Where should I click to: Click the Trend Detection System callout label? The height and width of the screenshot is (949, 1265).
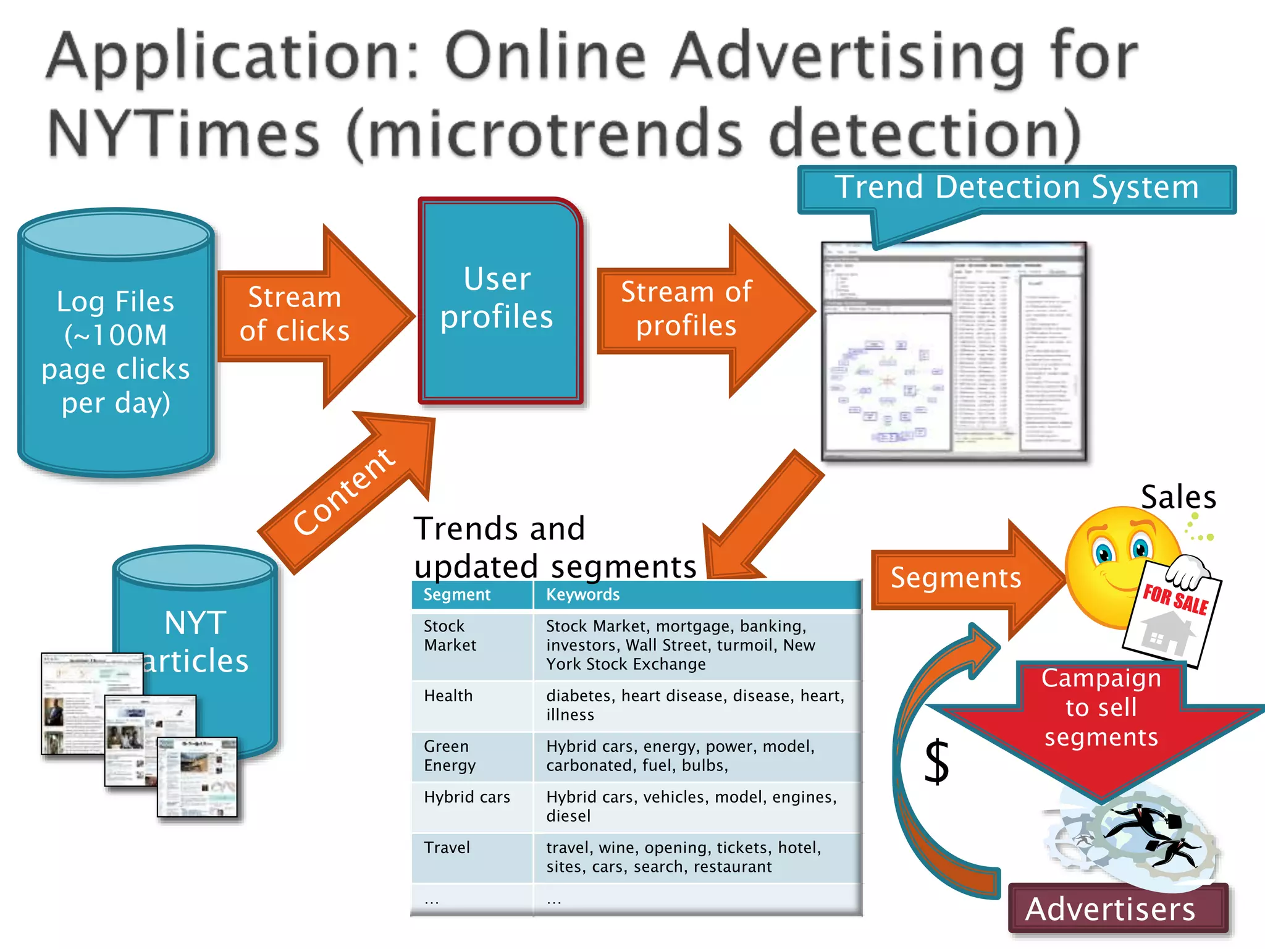[x=1016, y=188]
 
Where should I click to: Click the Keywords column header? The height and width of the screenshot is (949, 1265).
[x=582, y=594]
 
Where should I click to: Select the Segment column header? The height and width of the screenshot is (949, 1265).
[x=456, y=594]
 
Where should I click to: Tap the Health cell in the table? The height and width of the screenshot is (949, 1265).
[x=448, y=696]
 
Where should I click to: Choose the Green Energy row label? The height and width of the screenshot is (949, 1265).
[x=450, y=756]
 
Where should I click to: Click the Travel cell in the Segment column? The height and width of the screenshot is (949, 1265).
[x=447, y=848]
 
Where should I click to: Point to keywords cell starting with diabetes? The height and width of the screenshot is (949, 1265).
[x=695, y=705]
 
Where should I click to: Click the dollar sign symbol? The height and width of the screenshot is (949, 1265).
[x=937, y=762]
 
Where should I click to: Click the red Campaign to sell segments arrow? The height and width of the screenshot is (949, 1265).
[x=1101, y=723]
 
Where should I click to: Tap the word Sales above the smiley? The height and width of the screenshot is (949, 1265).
[x=1179, y=497]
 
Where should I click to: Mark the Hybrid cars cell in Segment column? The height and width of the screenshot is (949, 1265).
[x=467, y=797]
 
